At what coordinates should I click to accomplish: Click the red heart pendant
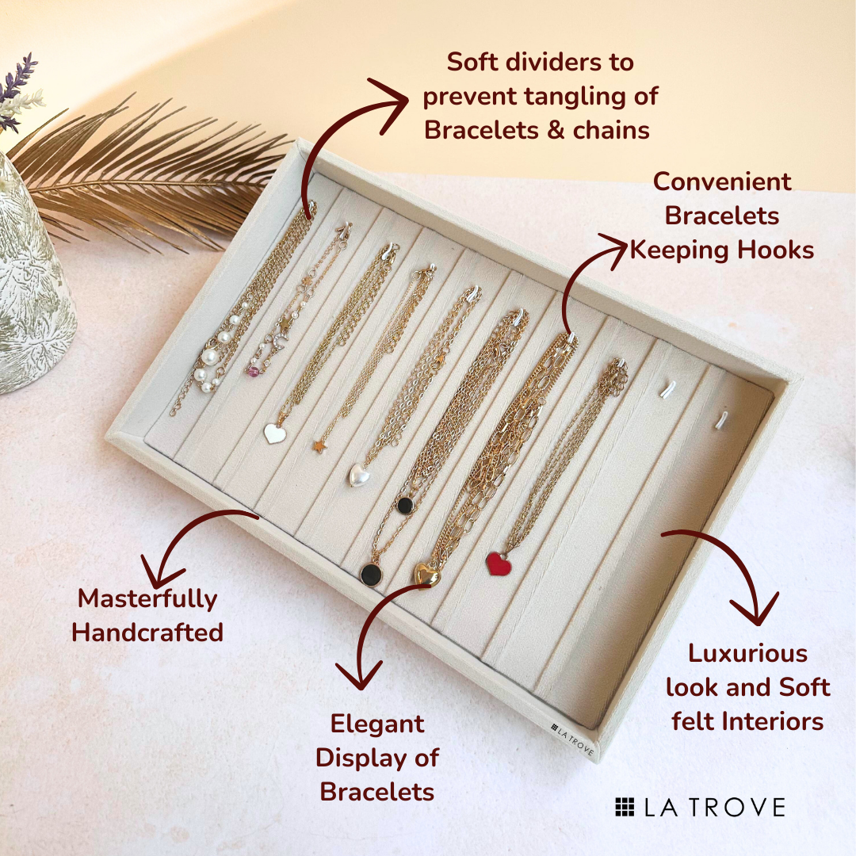pyautogui.click(x=499, y=564)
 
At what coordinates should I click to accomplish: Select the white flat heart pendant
pyautogui.click(x=274, y=434)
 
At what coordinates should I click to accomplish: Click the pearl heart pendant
pyautogui.click(x=359, y=475)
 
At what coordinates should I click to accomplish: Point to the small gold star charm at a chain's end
pyautogui.click(x=319, y=446)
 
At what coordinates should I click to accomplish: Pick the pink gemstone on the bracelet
pyautogui.click(x=252, y=371)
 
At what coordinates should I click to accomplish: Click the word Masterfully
pyautogui.click(x=147, y=599)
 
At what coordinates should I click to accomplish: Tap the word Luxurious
pyautogui.click(x=747, y=653)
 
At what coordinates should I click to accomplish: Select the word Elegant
pyautogui.click(x=377, y=724)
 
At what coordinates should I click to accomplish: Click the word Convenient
pyautogui.click(x=722, y=182)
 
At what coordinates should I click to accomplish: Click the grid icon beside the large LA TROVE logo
pyautogui.click(x=625, y=807)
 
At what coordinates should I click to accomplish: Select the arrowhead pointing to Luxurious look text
pyautogui.click(x=755, y=610)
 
